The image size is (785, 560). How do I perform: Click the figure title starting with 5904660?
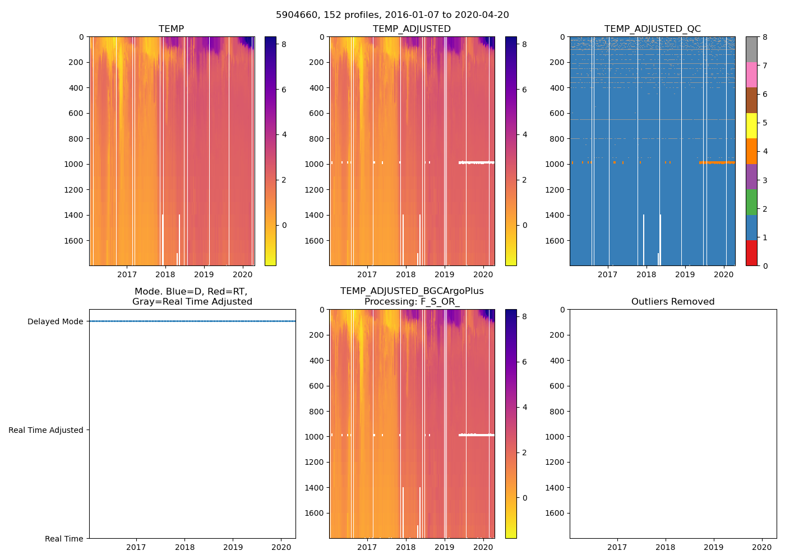coord(392,15)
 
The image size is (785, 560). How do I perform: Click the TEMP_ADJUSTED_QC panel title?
coord(652,29)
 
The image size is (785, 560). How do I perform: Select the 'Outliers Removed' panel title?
coord(673,301)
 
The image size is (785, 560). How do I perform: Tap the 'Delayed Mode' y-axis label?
coord(55,321)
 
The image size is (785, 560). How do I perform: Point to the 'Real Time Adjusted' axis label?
coord(46,430)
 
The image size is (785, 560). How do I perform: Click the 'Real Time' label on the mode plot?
coord(64,539)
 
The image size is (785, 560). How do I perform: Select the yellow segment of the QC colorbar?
coord(751,126)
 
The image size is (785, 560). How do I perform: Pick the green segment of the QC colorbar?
coord(751,202)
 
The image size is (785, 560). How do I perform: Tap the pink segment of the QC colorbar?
coord(751,75)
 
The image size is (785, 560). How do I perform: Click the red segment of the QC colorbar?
coord(751,253)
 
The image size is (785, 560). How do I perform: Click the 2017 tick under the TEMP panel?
coord(127,274)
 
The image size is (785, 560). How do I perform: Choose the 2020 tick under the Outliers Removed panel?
coord(762,547)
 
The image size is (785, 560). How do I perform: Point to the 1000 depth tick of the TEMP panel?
coord(74,164)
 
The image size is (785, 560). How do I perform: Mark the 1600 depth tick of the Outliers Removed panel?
coord(555,513)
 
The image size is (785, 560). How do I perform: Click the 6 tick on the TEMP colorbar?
coord(284,90)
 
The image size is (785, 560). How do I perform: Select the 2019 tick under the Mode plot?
coord(233,547)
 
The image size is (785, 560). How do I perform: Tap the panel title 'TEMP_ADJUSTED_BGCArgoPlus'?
coord(412,291)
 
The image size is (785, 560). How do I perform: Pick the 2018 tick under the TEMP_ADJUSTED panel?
coord(405,274)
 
